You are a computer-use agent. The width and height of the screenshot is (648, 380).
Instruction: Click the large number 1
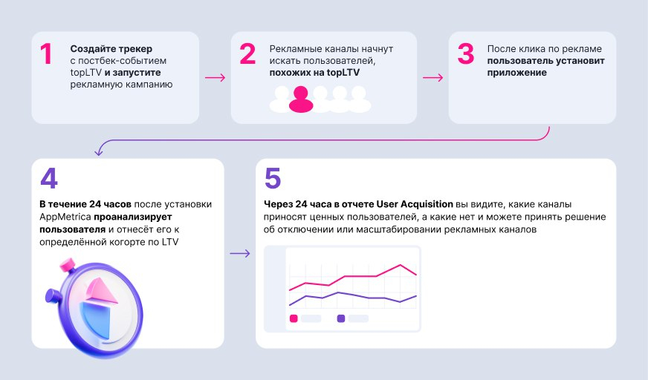(46, 55)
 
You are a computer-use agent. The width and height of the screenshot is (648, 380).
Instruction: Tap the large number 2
(247, 55)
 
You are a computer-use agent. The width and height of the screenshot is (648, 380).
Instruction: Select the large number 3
(465, 55)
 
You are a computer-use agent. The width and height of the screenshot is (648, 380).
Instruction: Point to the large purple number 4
(49, 180)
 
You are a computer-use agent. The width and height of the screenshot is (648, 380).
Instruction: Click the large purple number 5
(273, 180)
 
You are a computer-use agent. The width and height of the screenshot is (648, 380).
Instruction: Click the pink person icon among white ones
(301, 99)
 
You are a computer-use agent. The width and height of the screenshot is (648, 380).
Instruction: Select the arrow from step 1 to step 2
(215, 76)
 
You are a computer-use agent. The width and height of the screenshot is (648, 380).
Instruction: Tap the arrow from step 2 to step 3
(432, 76)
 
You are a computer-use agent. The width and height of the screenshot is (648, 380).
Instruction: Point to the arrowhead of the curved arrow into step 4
(98, 154)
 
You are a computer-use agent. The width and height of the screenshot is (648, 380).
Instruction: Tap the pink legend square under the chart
(293, 318)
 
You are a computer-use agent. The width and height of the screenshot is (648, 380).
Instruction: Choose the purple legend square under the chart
(341, 318)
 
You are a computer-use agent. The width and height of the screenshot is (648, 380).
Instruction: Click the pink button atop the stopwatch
(68, 264)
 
